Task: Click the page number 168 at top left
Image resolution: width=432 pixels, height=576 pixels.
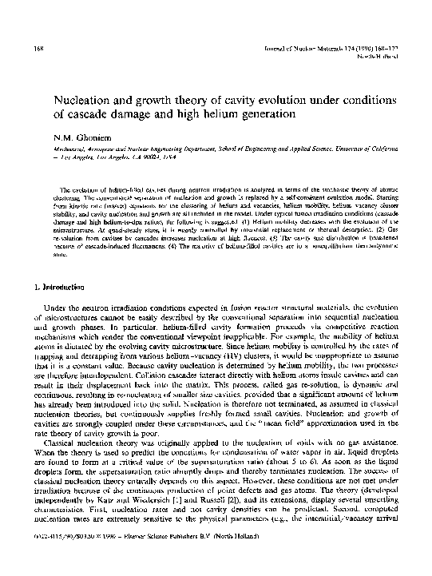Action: click(x=38, y=49)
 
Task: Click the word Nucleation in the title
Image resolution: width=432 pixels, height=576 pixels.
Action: click(x=85, y=103)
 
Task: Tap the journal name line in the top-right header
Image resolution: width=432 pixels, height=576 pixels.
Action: click(x=339, y=49)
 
